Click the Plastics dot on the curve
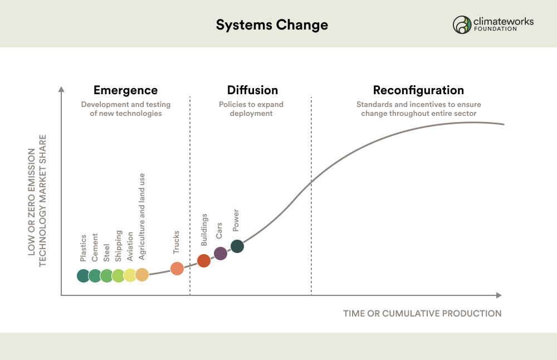tap(83, 276)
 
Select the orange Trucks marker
tap(177, 268)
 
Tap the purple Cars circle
tap(220, 254)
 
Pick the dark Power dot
tap(237, 246)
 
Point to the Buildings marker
tap(203, 260)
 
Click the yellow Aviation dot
tap(130, 275)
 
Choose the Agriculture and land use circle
tap(141, 275)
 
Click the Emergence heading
tap(125, 90)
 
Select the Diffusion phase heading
tap(252, 90)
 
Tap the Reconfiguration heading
tap(418, 90)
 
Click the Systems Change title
tap(272, 25)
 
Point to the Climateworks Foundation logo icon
tap(462, 25)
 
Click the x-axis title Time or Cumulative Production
tap(422, 313)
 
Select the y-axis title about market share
tap(37, 201)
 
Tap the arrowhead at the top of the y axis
tap(61, 89)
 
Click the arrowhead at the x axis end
tap(499, 295)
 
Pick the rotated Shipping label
tap(118, 246)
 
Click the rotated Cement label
tap(95, 247)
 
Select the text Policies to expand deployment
tap(251, 109)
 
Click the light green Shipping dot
tap(118, 276)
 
